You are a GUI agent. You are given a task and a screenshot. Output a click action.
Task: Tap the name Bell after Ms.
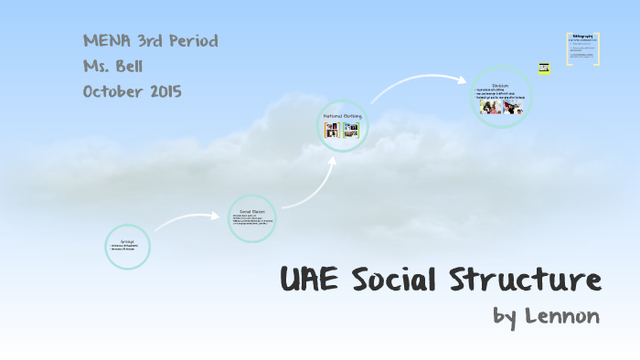131,66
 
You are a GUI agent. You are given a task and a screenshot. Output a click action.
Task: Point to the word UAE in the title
310,278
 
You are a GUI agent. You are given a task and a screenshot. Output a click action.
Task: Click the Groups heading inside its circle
128,241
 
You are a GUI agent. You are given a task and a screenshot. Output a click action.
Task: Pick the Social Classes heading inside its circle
251,211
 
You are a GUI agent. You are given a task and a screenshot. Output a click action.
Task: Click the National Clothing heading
342,116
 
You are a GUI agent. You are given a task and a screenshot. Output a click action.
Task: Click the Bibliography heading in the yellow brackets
582,37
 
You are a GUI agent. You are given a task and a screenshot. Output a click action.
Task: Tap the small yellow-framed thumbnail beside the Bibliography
545,68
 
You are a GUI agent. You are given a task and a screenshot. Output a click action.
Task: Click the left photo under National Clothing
332,131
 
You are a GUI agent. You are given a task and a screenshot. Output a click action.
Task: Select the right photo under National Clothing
350,131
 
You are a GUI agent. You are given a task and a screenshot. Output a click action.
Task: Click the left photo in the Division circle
491,107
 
